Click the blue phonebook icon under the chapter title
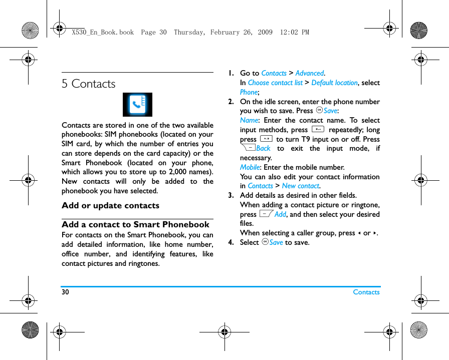(137, 105)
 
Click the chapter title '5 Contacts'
(89, 84)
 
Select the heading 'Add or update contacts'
(110, 206)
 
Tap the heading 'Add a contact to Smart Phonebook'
(135, 225)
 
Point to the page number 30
(66, 292)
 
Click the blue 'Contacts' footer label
(366, 292)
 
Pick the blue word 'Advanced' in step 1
(309, 74)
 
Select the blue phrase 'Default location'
(334, 83)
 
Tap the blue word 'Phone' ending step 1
(249, 92)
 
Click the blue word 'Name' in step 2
(249, 121)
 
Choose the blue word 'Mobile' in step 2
(250, 167)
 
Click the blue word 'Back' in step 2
(263, 148)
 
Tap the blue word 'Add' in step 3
(280, 214)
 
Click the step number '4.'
(231, 243)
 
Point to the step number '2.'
(231, 102)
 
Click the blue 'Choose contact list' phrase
(275, 83)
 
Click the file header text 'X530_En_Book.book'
(103, 33)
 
